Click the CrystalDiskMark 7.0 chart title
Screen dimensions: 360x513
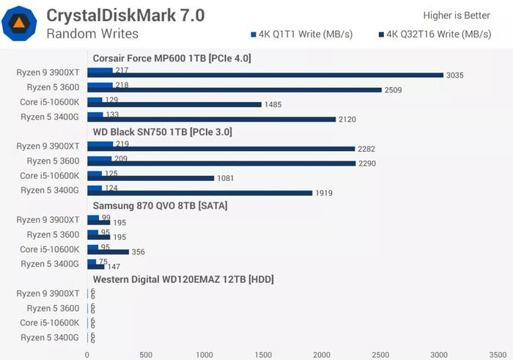(x=125, y=15)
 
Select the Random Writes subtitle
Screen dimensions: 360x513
(x=92, y=34)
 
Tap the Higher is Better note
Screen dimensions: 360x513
(x=457, y=15)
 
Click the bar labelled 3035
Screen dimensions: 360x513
(x=265, y=75)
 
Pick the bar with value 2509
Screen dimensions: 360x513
(x=235, y=89)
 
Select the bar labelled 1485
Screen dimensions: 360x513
(x=174, y=104)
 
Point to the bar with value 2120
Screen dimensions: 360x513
(x=211, y=119)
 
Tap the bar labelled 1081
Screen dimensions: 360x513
(x=150, y=177)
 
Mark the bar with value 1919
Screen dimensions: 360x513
(x=199, y=193)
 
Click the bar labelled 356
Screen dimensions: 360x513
(x=108, y=251)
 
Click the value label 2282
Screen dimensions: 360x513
(x=367, y=149)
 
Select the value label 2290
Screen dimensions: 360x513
(x=367, y=164)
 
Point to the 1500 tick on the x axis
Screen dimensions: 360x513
(x=262, y=354)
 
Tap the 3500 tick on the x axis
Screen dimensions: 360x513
(x=497, y=354)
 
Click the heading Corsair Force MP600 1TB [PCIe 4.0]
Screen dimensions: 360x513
(x=172, y=58)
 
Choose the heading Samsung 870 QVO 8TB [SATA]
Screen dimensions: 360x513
(x=160, y=205)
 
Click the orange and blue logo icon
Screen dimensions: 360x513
(x=19, y=23)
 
